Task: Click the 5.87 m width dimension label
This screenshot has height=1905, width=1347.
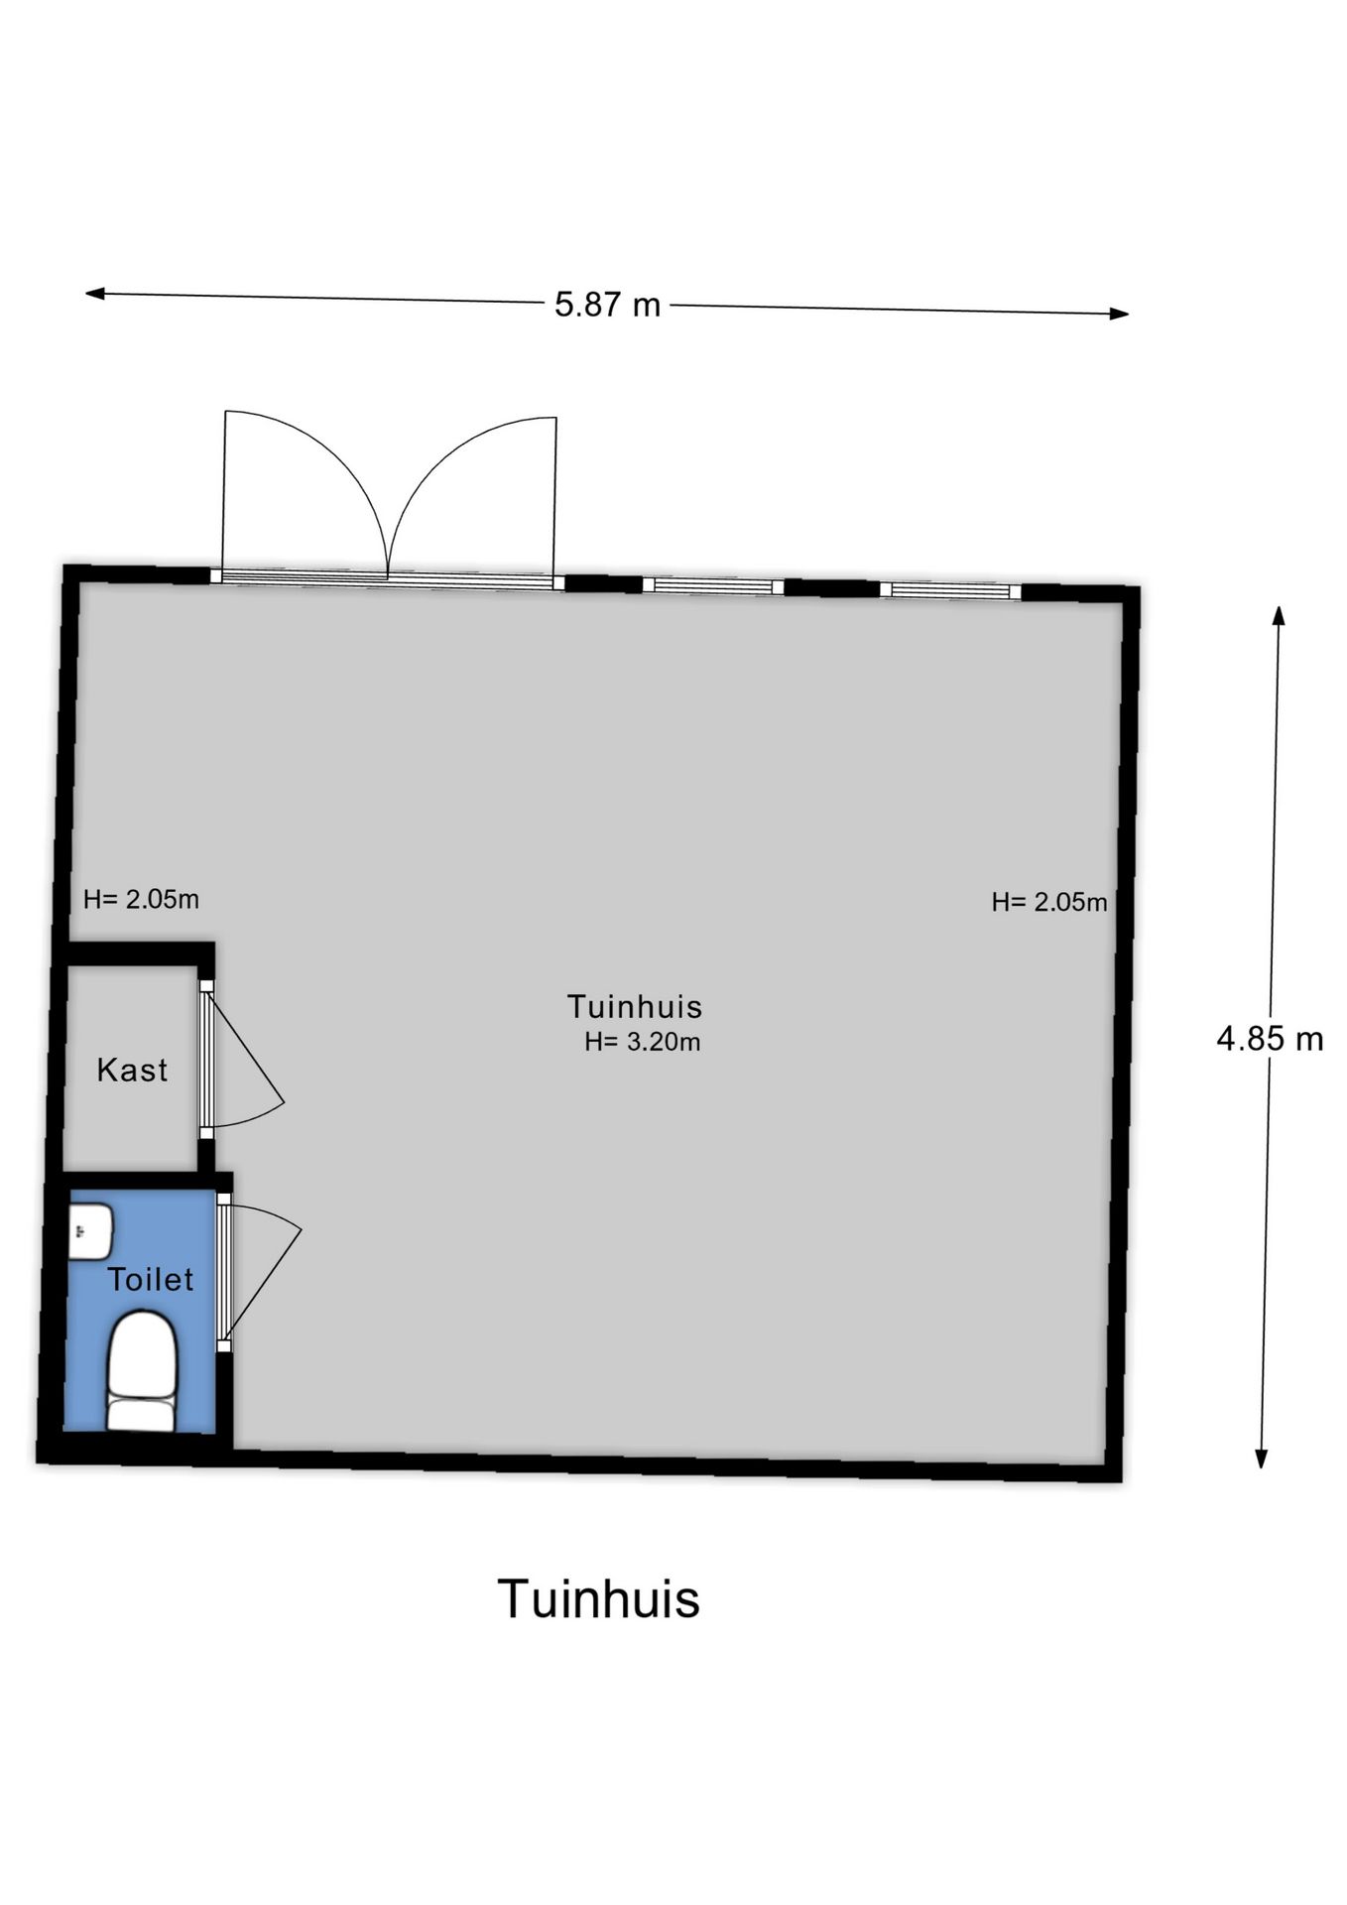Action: click(607, 304)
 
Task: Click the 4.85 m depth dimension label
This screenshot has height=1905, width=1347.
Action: click(1270, 1038)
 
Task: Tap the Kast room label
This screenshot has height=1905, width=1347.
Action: click(132, 1070)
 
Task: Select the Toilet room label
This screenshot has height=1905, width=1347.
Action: click(150, 1279)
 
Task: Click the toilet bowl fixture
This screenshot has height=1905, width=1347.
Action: click(142, 1371)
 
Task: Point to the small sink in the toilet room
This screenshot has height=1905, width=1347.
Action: click(90, 1231)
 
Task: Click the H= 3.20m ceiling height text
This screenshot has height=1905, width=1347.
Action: click(642, 1042)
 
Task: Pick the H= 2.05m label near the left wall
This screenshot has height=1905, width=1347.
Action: click(141, 899)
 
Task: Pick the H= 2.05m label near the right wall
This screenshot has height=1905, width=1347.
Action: click(1049, 902)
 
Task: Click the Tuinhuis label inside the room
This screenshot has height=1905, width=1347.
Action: click(635, 1006)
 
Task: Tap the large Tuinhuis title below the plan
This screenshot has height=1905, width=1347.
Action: click(599, 1598)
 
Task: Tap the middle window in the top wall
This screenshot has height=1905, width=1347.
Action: click(713, 585)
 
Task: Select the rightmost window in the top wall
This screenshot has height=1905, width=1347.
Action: click(950, 591)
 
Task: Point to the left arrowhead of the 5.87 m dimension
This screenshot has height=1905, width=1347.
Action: click(95, 294)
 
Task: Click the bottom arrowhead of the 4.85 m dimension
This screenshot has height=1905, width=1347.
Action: click(1262, 1458)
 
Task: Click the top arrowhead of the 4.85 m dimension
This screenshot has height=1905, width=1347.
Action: click(1279, 616)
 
